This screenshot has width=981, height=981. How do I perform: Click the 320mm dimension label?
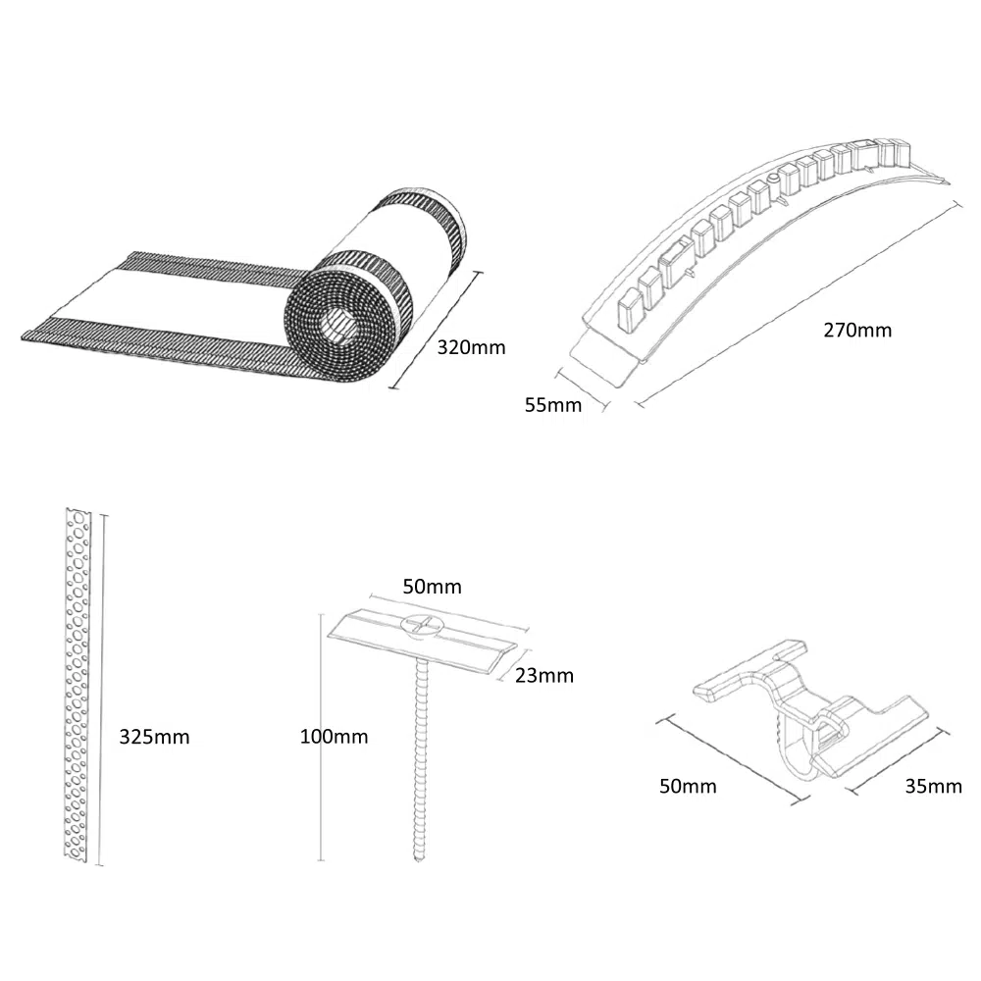471,347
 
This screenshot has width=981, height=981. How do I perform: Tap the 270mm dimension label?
857,330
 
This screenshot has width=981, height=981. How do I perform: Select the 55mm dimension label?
553,405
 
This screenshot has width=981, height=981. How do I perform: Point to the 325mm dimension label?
154,737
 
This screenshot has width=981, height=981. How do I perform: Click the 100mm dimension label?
334,737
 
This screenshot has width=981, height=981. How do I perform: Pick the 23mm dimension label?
544,675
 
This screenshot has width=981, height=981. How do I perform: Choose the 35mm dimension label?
934,786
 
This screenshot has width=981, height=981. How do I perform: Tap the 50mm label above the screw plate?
433,587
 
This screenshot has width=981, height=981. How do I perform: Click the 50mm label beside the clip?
688,786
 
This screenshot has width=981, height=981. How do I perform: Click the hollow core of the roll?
337,328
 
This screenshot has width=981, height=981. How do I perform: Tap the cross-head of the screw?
421,624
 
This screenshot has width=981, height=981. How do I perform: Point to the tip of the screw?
419,860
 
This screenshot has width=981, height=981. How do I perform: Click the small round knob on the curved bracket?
773,180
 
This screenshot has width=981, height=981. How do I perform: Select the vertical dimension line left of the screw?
321,737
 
